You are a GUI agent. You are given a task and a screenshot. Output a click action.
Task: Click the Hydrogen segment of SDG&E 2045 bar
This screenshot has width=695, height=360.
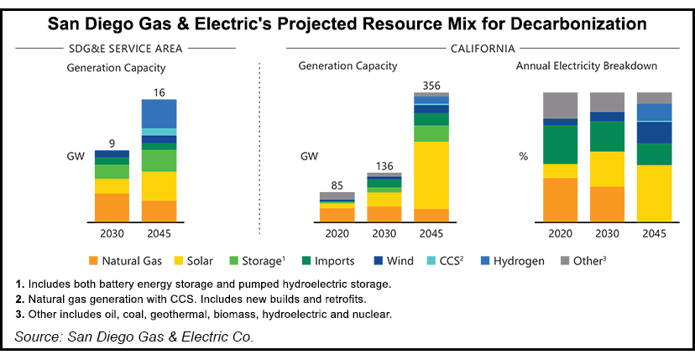point(159,113)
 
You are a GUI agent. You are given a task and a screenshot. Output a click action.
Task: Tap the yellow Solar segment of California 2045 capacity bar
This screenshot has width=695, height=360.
point(431,175)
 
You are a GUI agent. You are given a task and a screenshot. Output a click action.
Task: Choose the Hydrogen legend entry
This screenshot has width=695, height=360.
point(520,261)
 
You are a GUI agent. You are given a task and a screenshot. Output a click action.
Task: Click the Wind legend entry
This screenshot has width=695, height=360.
point(405,261)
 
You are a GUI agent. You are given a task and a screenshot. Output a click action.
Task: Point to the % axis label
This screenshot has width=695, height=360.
point(524,157)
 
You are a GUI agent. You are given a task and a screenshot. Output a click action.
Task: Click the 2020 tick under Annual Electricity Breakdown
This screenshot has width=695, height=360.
point(561,233)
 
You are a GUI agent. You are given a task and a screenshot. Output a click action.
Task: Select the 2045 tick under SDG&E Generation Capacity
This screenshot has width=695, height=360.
point(159,233)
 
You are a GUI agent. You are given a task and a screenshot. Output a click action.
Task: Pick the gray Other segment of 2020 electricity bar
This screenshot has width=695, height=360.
point(561,105)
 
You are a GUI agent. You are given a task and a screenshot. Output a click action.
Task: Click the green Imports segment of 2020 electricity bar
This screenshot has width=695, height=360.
point(561,144)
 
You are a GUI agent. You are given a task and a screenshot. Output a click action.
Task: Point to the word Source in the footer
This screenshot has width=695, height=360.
point(37,337)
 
